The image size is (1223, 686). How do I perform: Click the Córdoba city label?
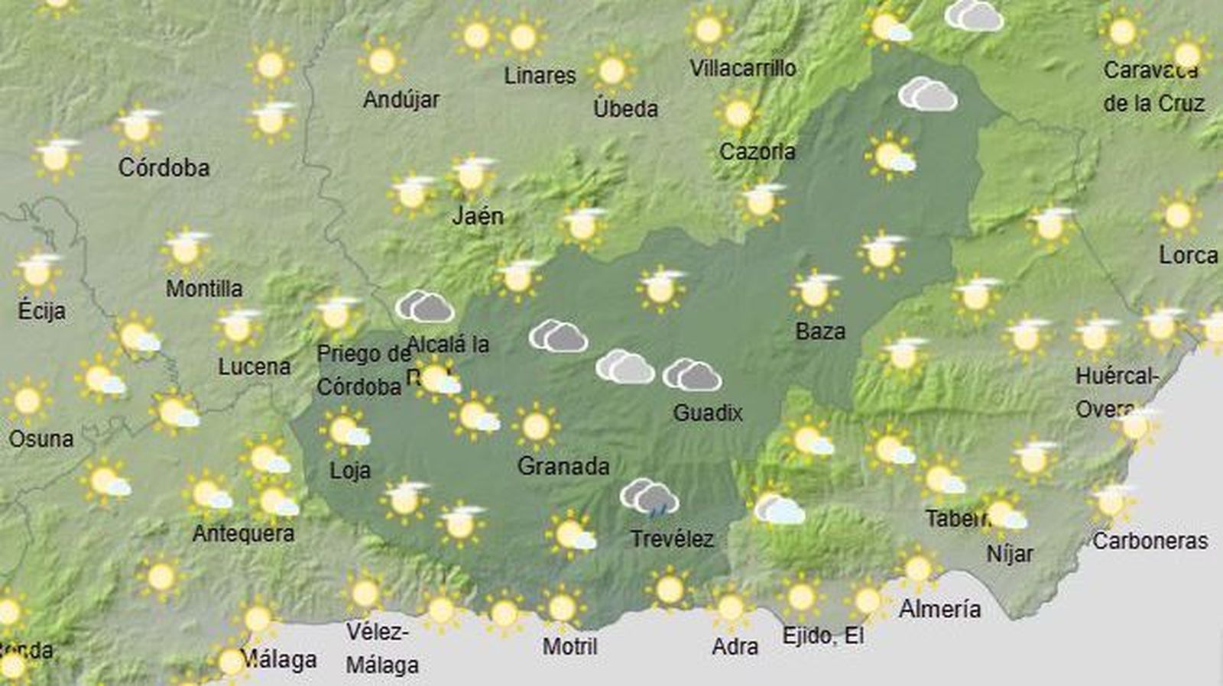164,167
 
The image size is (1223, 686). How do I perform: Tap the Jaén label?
478,216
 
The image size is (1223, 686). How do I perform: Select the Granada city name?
563,466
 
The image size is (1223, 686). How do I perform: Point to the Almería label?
939,609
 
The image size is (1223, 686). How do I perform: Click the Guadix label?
708,413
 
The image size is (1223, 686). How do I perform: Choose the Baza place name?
820,332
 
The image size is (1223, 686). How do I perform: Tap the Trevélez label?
672,539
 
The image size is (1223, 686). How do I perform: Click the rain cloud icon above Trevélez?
650,497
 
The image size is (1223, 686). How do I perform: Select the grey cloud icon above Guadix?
692,374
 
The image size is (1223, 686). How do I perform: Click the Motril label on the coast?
569,646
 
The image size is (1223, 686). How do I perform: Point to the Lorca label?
1188,255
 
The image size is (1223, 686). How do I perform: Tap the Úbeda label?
625,108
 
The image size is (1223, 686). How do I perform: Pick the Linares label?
540,76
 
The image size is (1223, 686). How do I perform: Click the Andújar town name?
401,99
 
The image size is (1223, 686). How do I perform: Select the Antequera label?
243,532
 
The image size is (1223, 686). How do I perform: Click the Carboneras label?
1150,541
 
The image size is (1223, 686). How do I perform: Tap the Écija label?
41,311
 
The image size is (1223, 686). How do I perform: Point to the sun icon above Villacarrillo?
709,31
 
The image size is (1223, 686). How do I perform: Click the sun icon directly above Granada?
536,426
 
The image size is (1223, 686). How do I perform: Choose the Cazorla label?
757,151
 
